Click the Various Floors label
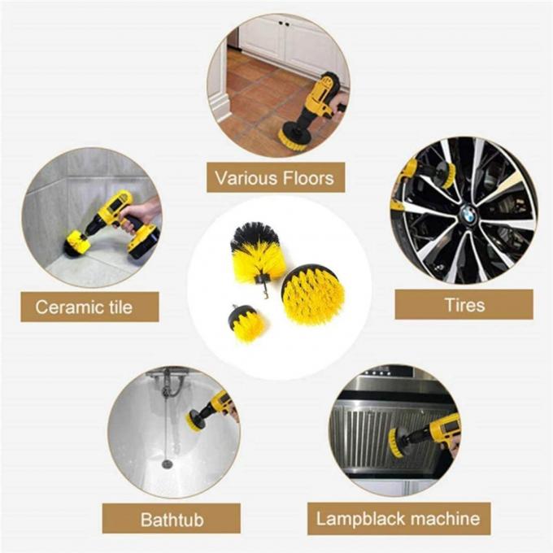click(x=275, y=176)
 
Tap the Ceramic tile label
click(x=84, y=307)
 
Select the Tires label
click(x=464, y=305)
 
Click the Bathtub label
click(x=172, y=518)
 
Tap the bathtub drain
click(x=168, y=464)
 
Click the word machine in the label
click(x=441, y=518)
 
